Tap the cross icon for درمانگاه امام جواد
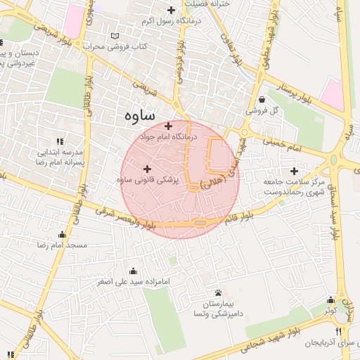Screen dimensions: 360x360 point(168,126)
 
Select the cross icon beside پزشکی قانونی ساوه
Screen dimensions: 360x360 point(147,169)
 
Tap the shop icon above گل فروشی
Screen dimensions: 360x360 point(262,99)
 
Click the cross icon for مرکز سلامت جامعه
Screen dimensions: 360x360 point(294,171)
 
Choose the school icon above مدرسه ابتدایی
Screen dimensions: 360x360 point(60,141)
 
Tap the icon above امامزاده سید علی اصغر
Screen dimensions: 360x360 point(133,271)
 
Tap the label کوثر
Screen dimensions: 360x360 point(331,309)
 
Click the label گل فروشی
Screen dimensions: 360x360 point(262,111)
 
